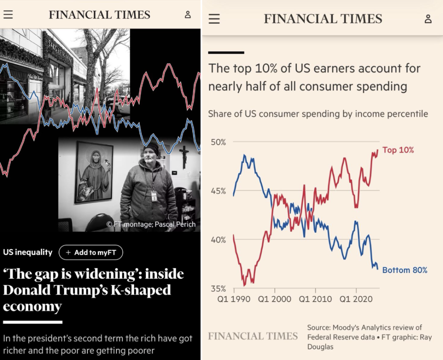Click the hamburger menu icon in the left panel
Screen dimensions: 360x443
coord(8,14)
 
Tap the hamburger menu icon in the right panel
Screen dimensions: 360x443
coord(214,19)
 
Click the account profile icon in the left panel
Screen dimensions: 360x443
coord(188,14)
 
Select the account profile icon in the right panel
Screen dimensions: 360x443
coord(428,19)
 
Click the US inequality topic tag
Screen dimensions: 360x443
coord(28,252)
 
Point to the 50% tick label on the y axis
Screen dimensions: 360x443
coord(218,142)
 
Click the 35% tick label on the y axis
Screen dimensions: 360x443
coord(218,288)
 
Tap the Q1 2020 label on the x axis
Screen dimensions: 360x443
coord(356,299)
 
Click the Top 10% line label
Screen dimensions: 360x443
coord(398,150)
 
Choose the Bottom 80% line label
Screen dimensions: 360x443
coord(404,270)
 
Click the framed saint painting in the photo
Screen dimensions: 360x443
coord(94,172)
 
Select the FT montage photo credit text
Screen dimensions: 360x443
coord(151,224)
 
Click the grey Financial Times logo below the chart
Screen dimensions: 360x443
coord(253,336)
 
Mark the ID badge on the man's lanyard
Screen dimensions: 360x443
coord(154,196)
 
